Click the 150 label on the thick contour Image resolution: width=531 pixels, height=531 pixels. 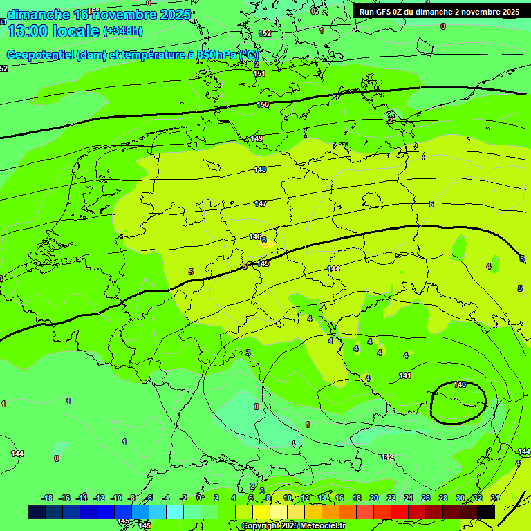(x=262, y=104)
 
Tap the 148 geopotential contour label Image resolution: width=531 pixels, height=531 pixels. (x=260, y=169)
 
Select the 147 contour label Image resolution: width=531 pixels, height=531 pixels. (x=260, y=203)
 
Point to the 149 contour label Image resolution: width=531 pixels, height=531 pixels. (x=257, y=139)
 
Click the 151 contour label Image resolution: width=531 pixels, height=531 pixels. (x=259, y=73)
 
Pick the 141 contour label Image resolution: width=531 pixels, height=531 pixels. (x=406, y=375)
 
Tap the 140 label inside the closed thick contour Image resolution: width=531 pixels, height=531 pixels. (x=460, y=384)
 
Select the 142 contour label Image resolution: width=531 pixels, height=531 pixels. (x=387, y=457)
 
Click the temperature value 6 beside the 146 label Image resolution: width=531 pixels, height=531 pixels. (x=264, y=240)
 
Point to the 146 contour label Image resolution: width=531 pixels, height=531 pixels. (x=254, y=236)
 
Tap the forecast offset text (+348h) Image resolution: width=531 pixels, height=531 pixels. (x=122, y=31)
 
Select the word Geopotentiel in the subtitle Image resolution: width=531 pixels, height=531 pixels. (x=39, y=55)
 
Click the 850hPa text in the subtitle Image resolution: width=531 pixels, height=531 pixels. (x=217, y=55)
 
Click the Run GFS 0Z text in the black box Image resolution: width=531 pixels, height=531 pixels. (x=387, y=12)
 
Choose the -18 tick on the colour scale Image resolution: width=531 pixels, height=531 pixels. (x=47, y=498)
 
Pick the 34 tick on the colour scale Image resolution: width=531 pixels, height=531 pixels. (x=495, y=498)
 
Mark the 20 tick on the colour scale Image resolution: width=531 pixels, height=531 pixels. (x=374, y=498)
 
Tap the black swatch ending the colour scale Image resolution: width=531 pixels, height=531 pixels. (x=486, y=512)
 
